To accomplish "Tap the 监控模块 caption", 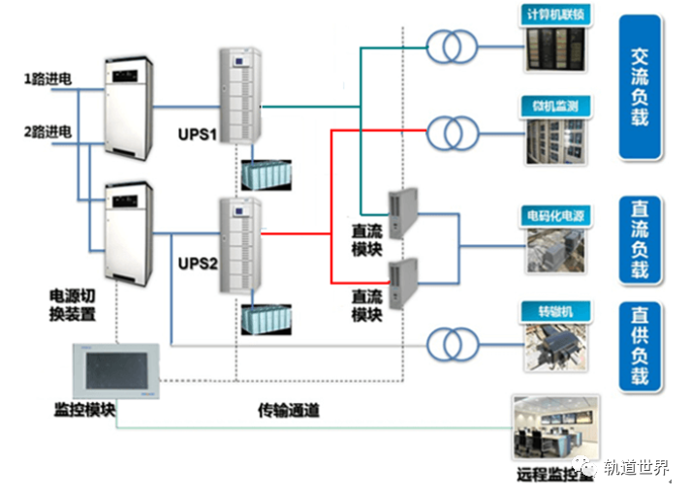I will (85, 411).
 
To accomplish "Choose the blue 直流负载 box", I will (640, 239).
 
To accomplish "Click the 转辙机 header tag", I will (556, 311).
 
